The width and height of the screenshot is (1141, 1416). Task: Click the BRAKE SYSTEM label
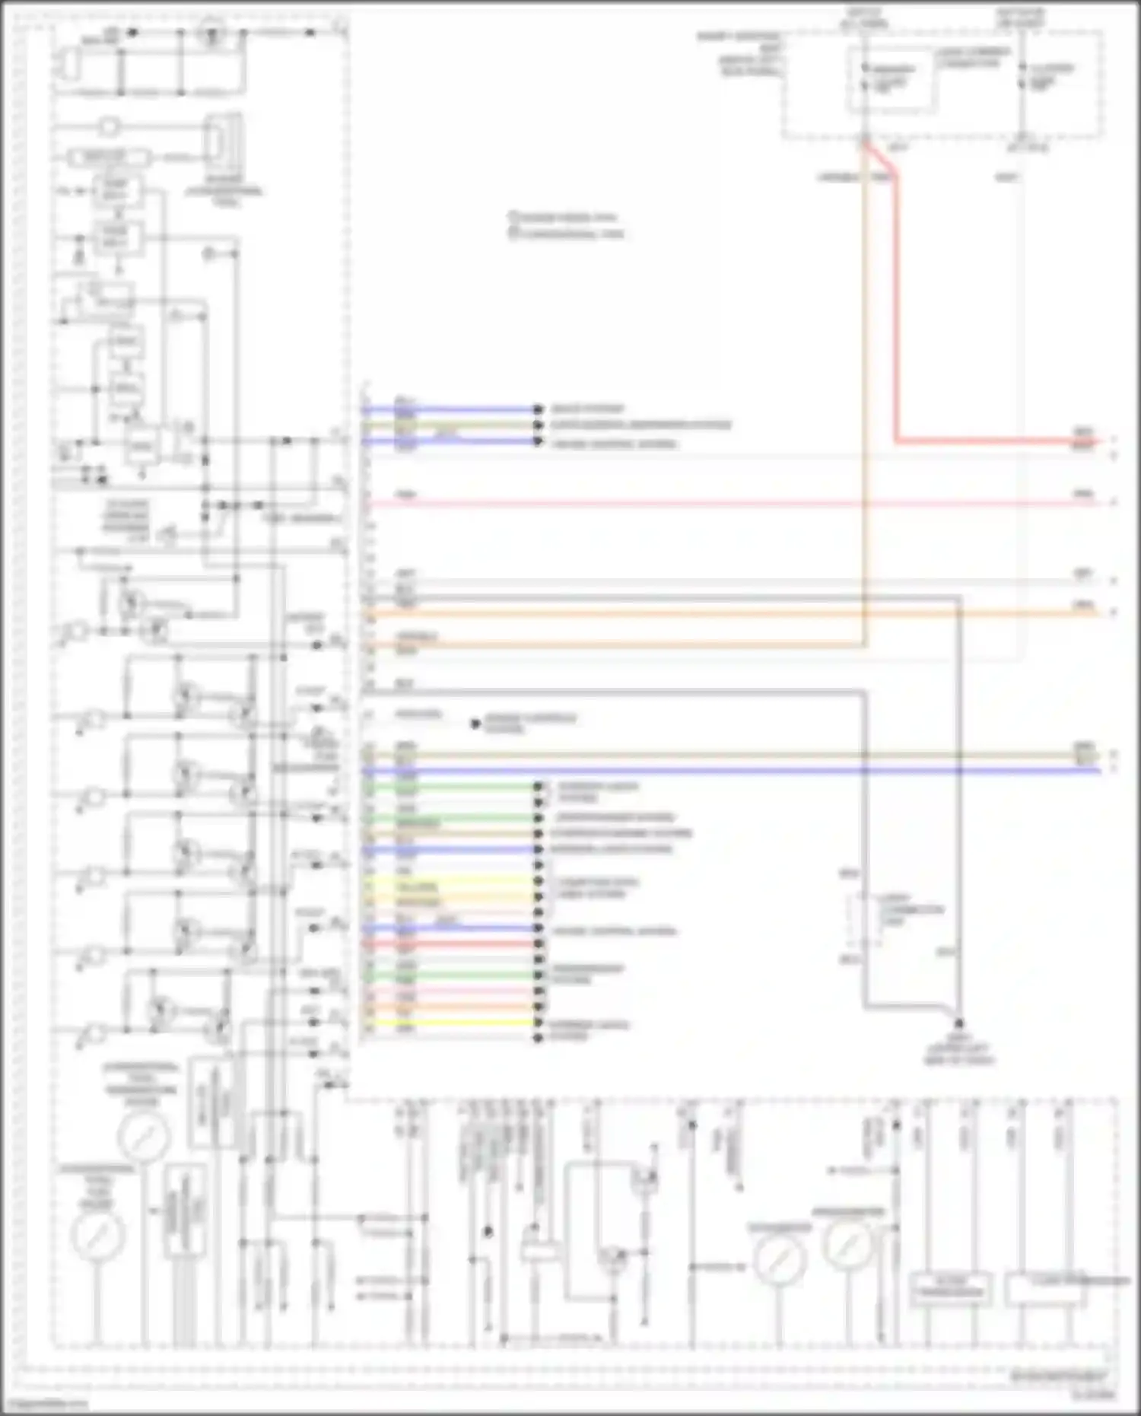587,409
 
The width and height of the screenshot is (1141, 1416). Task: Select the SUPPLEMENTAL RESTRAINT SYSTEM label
640,425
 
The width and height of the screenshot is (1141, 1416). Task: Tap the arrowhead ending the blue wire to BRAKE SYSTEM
539,409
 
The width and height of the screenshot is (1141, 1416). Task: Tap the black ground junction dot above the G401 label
958,1024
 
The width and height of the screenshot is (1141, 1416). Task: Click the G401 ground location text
958,1050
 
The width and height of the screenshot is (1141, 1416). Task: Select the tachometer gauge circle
779,1259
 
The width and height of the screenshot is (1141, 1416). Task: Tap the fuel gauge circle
97,1235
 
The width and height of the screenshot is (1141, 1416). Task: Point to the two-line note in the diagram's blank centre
566,225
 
